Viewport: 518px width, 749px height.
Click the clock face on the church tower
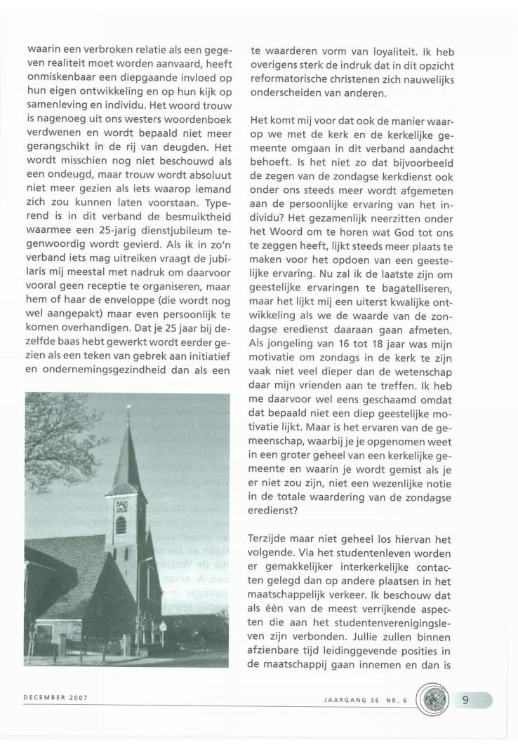(x=120, y=506)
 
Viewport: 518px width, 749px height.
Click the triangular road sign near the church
(x=163, y=624)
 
